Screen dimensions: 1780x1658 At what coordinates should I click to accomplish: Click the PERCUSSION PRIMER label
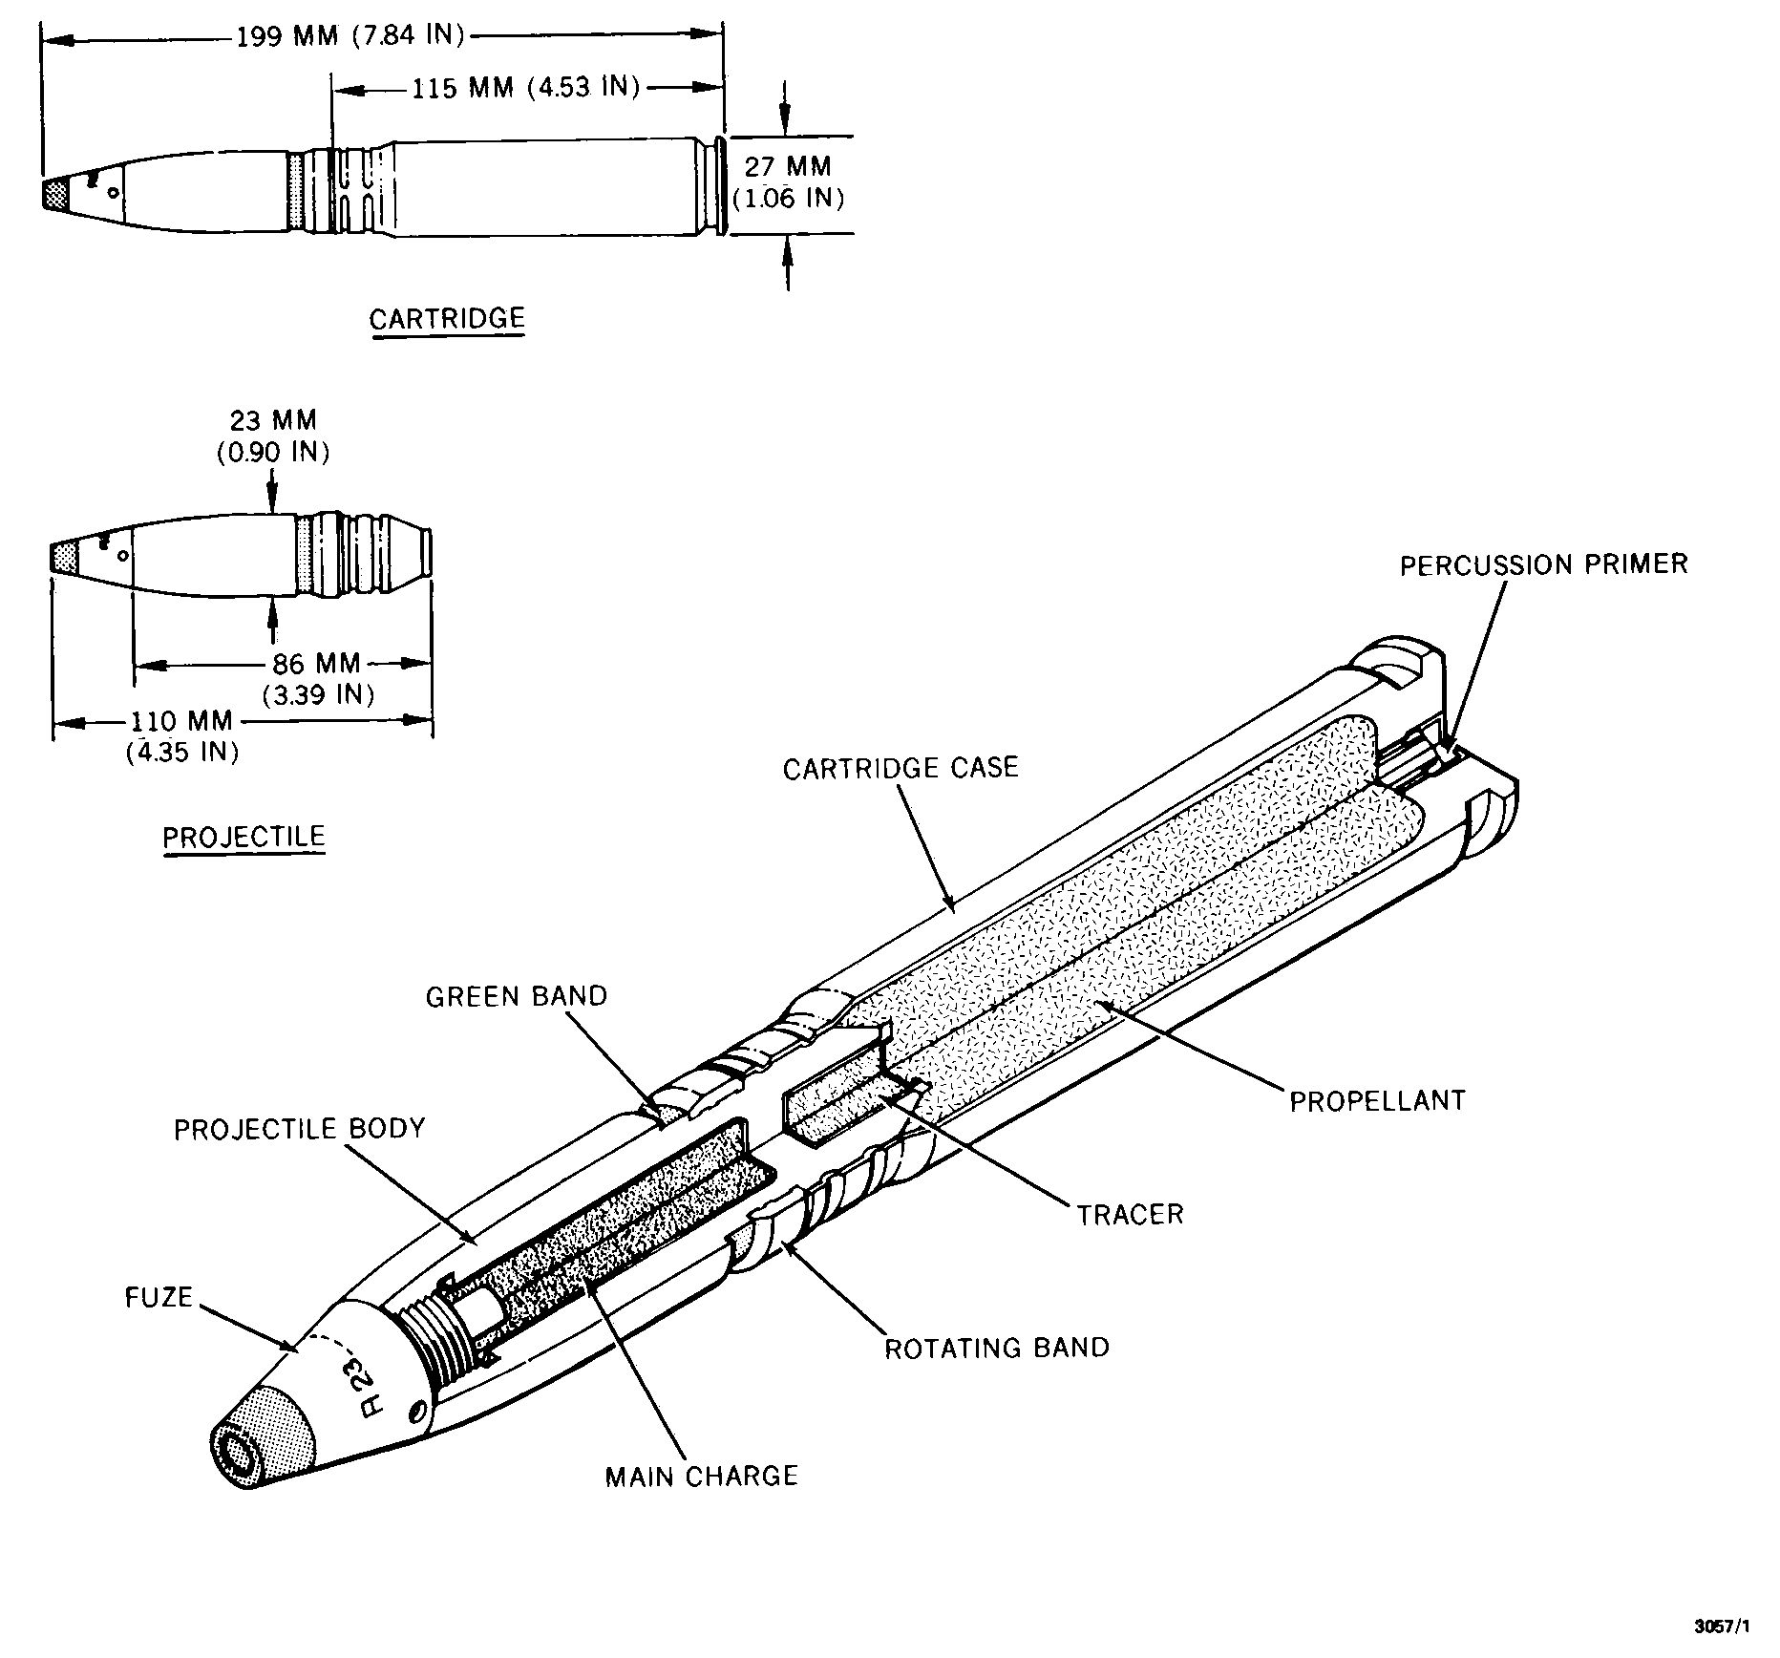click(x=1543, y=564)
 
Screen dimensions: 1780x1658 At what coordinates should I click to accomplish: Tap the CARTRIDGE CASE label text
click(x=901, y=768)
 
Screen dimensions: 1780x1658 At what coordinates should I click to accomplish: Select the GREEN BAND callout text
click(x=517, y=996)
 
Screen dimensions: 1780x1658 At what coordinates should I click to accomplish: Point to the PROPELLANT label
click(x=1377, y=1100)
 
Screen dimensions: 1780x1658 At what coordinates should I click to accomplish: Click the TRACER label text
click(x=1131, y=1215)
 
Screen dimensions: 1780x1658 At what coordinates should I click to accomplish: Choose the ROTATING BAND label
click(x=997, y=1348)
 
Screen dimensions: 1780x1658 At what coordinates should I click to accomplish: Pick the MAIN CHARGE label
click(x=701, y=1476)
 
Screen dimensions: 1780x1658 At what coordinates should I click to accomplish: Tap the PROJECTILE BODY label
click(x=299, y=1129)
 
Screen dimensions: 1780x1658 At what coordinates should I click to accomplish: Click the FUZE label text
click(x=159, y=1298)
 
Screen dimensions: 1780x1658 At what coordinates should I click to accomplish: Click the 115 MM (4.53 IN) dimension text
click(x=524, y=87)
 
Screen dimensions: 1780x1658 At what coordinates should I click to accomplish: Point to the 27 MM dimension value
click(x=788, y=166)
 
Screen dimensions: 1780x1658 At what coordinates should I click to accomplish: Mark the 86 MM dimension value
click(x=316, y=663)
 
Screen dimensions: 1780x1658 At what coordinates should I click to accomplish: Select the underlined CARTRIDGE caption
click(x=447, y=318)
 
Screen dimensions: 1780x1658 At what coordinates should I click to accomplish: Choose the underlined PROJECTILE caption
click(x=244, y=838)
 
